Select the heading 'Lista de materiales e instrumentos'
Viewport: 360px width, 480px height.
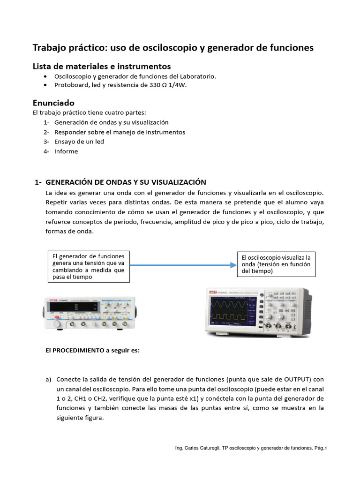pyautogui.click(x=101, y=66)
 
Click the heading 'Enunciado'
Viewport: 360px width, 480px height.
pyautogui.click(x=53, y=102)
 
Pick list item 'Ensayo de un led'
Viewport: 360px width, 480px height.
pyautogui.click(x=79, y=142)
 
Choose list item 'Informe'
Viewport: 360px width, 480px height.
pyautogui.click(x=66, y=151)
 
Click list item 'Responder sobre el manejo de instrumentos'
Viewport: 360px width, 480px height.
pyautogui.click(x=120, y=132)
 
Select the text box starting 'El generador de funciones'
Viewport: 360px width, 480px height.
pyautogui.click(x=89, y=266)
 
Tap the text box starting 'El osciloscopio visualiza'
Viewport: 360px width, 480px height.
pyautogui.click(x=277, y=264)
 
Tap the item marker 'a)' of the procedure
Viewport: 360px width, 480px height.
pyautogui.click(x=48, y=379)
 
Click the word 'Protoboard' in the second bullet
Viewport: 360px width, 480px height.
pyautogui.click(x=70, y=85)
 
